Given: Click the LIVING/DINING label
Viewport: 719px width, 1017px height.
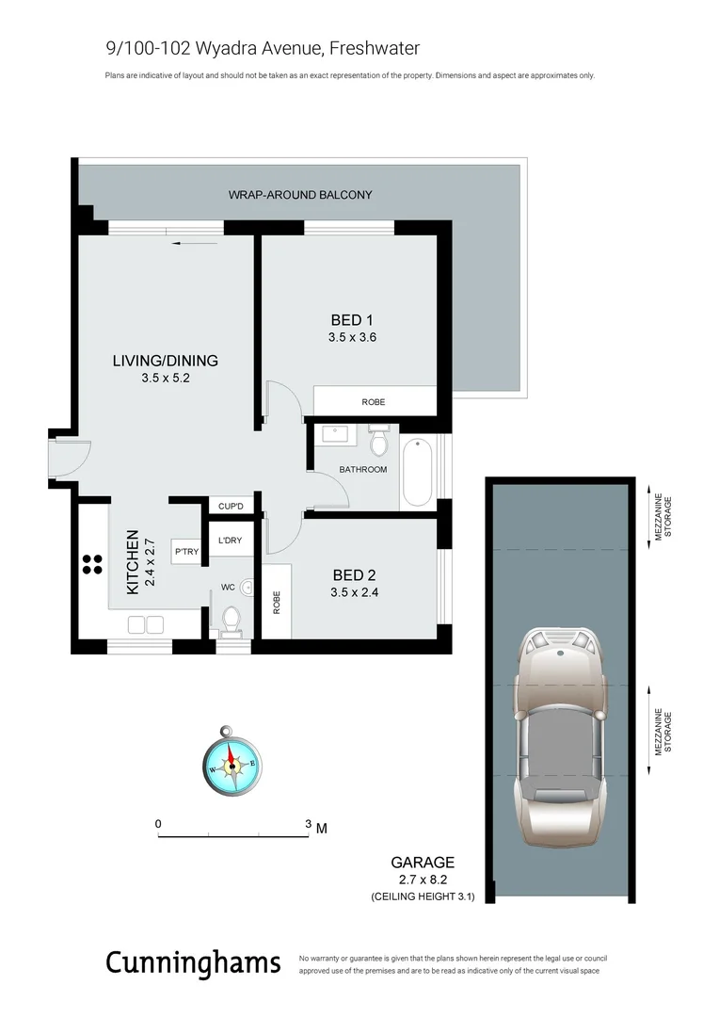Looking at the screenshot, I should (x=165, y=361).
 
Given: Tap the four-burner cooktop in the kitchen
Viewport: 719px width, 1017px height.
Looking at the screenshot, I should (x=92, y=564).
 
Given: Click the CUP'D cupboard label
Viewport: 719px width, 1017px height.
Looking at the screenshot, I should (x=231, y=507).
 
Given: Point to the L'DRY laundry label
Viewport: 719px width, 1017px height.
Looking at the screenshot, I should (x=230, y=541).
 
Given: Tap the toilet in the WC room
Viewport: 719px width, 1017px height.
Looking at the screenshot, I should (x=231, y=617).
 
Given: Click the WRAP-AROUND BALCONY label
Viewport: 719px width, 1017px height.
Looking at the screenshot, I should (x=300, y=195).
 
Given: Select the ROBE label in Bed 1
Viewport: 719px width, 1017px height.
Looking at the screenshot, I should (x=374, y=402).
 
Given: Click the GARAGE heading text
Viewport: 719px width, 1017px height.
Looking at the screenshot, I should (x=423, y=862).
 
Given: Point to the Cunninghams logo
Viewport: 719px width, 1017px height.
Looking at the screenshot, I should (x=193, y=963).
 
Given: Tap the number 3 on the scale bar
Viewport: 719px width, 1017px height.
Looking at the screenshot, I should (x=308, y=824).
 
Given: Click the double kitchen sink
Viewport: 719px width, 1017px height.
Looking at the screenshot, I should (x=145, y=622).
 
